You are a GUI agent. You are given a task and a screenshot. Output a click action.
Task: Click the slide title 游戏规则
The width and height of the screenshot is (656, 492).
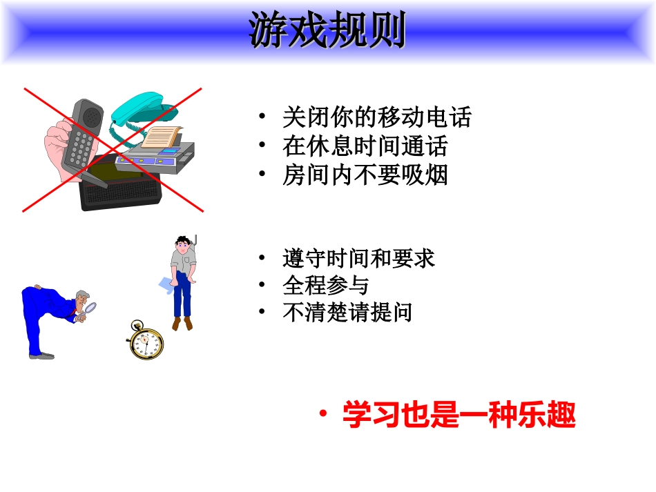coord(327,32)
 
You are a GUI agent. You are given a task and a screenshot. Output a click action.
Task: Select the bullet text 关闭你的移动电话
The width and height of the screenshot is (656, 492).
coord(376,117)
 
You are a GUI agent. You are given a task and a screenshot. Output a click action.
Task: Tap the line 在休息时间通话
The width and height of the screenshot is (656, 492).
coord(365,146)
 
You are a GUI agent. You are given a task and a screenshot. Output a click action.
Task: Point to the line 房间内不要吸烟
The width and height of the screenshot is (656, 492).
coord(365,175)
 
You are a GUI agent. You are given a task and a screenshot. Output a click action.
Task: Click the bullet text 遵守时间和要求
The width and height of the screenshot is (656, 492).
coord(358,259)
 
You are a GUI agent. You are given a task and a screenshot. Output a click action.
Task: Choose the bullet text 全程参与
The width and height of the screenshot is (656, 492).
coord(325,286)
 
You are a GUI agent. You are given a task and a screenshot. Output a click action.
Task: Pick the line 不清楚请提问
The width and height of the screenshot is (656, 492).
coord(347,313)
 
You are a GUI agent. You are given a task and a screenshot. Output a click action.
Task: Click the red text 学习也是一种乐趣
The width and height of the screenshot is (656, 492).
coord(459,416)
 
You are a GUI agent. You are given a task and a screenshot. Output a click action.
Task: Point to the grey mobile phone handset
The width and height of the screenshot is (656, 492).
coord(82,134)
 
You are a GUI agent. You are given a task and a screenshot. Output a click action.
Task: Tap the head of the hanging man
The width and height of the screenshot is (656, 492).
coord(182,245)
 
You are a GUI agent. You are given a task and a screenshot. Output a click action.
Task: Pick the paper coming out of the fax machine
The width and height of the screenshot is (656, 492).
coord(164,138)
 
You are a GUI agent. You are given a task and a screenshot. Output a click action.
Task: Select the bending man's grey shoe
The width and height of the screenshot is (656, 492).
coord(41,356)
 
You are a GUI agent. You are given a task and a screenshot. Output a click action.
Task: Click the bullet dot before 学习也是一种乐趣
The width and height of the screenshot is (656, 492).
coord(322,415)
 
